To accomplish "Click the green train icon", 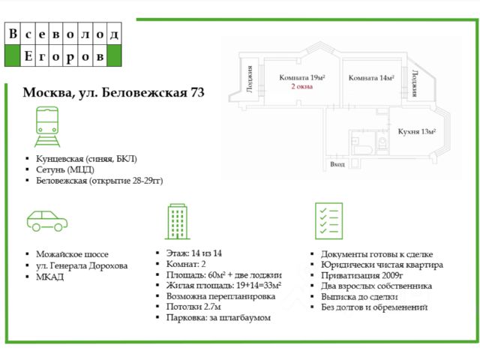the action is [x=46, y=126].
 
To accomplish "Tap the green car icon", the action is [x=46, y=220].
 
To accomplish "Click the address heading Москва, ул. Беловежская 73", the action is [x=113, y=94].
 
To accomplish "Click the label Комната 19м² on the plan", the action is [x=301, y=78].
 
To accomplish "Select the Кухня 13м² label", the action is [x=417, y=132].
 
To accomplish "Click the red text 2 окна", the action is [x=301, y=87].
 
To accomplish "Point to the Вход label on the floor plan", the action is [x=337, y=165].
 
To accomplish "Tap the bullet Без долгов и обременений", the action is [x=374, y=307].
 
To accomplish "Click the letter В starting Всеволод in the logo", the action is [x=13, y=34].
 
